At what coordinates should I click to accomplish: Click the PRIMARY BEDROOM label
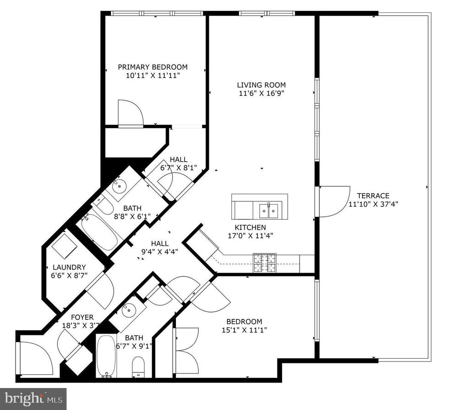[x=153, y=67]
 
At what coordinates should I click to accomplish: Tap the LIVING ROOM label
[x=261, y=85]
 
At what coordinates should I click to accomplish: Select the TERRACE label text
[x=373, y=196]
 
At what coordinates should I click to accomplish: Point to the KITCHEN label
[x=250, y=227]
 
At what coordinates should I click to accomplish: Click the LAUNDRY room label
[x=69, y=267]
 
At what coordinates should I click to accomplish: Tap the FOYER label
[x=82, y=317]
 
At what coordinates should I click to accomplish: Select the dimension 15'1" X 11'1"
[x=244, y=330]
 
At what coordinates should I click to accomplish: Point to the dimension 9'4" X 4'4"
[x=160, y=252]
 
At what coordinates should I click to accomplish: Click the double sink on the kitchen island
[x=268, y=210]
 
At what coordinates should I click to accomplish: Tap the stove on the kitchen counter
[x=265, y=263]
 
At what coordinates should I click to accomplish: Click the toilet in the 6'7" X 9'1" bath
[x=138, y=367]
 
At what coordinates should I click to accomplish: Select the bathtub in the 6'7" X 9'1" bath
[x=106, y=356]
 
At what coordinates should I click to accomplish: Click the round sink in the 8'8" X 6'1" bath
[x=120, y=187]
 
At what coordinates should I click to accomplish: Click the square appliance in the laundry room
[x=64, y=246]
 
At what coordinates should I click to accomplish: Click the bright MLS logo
[x=33, y=399]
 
